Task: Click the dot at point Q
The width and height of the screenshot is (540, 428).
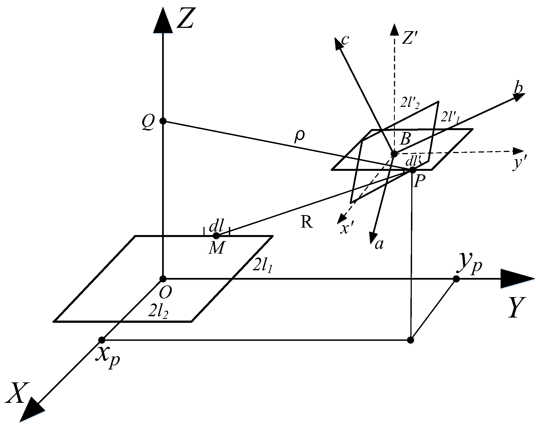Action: pos(163,121)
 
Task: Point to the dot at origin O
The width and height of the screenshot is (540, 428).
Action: pos(163,279)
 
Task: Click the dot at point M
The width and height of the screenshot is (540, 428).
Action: pos(216,235)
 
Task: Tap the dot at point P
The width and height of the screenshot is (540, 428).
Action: pos(412,170)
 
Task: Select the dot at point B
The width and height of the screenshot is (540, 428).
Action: pos(394,154)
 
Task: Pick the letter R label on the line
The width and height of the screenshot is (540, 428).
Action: pos(307,223)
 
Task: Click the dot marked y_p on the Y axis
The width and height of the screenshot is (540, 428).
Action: pos(456,279)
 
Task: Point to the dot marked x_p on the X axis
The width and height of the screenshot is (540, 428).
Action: pos(102,340)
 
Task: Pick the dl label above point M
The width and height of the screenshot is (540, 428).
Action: pos(217,227)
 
